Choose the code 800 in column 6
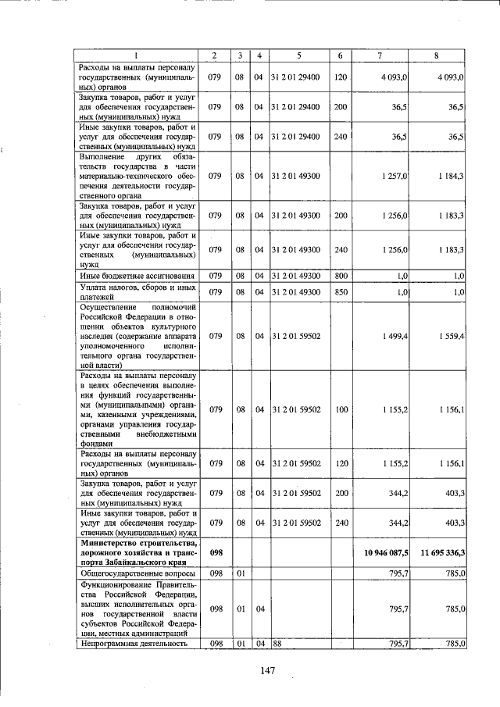[340, 276]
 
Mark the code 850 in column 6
[340, 292]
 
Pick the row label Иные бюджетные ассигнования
[132, 276]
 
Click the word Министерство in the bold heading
[109, 543]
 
